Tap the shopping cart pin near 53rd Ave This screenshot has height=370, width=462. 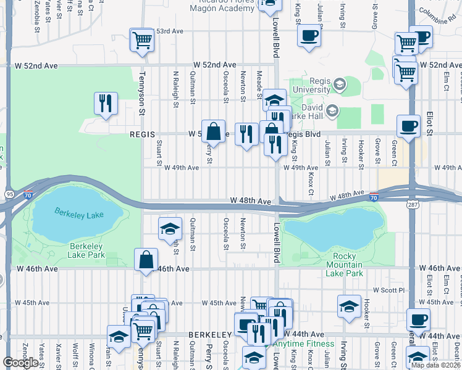tap(142, 40)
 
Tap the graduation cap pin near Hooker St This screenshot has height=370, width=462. tap(349, 306)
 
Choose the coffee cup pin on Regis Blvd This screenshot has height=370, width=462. tap(408, 126)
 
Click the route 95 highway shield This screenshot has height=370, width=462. tap(9, 194)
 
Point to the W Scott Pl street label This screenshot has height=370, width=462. tap(388, 290)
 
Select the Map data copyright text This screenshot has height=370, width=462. tap(436, 365)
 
